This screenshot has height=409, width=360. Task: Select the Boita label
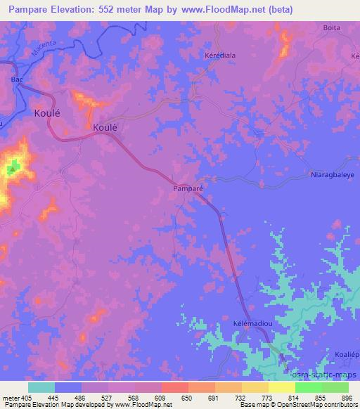[x=332, y=27]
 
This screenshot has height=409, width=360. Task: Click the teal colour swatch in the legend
[x=41, y=387]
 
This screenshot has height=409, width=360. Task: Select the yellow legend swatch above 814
[x=281, y=387]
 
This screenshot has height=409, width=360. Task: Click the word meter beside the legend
[x=11, y=398]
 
